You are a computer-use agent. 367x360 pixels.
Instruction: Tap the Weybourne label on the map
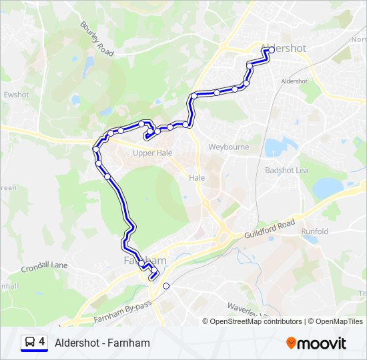click(x=229, y=147)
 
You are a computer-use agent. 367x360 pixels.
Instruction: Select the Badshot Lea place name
click(x=286, y=170)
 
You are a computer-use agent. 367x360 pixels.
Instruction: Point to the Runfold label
click(x=314, y=231)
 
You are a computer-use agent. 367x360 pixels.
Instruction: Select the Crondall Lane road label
click(x=44, y=265)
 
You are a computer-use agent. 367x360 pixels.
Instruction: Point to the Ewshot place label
click(x=17, y=95)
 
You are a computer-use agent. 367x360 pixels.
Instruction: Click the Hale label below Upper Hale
click(x=196, y=178)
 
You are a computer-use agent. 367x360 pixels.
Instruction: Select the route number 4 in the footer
click(x=42, y=342)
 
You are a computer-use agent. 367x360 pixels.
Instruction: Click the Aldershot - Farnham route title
click(x=103, y=343)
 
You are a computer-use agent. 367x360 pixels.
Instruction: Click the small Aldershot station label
click(x=294, y=81)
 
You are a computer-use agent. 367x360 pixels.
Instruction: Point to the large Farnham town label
click(x=143, y=259)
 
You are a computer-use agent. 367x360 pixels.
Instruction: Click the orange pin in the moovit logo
click(x=291, y=343)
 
